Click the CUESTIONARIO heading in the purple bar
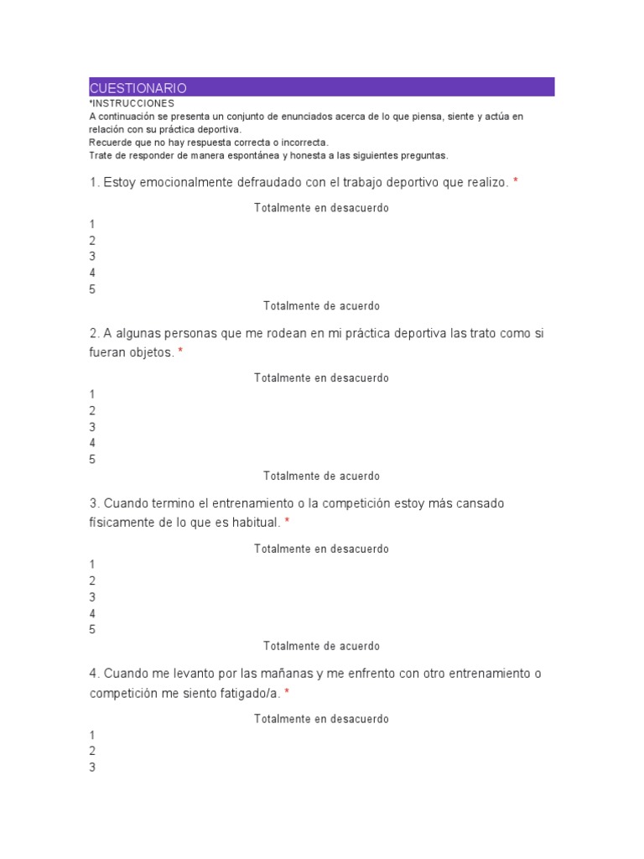[138, 88]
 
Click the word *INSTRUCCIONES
[132, 103]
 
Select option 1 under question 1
[92, 224]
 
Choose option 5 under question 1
[92, 289]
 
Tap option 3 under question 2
[92, 427]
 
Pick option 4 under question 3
[92, 613]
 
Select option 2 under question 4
[92, 751]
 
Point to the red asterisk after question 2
[180, 352]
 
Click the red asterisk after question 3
[287, 522]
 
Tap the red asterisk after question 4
[287, 692]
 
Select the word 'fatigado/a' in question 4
[249, 692]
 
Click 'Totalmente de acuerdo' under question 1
[321, 306]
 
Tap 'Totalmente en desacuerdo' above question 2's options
[321, 377]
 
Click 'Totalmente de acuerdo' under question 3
[321, 646]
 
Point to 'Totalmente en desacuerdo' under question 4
[321, 719]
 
